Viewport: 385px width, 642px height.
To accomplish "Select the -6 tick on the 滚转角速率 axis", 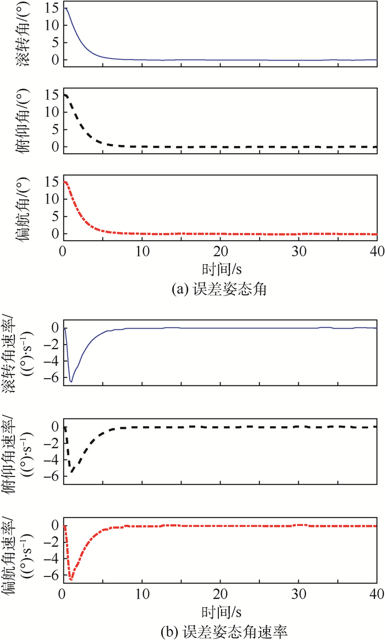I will pos(53,378).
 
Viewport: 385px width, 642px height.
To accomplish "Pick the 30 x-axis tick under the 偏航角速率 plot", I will pos(299,594).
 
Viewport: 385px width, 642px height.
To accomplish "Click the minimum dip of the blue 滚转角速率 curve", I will pos(71,381).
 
